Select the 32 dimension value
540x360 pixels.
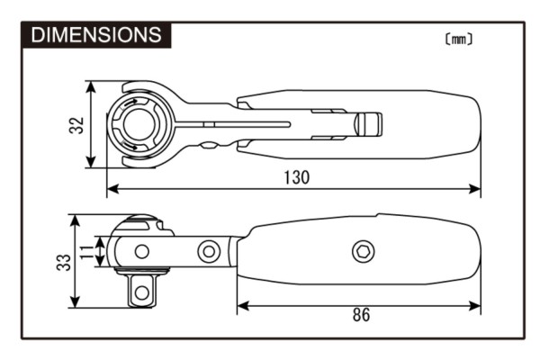(x=76, y=125)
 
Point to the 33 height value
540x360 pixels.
(x=60, y=262)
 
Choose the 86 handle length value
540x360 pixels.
(x=359, y=315)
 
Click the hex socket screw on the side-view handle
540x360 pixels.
(x=363, y=251)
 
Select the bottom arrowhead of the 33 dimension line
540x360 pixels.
(x=76, y=303)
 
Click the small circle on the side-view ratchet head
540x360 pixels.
(x=140, y=251)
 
